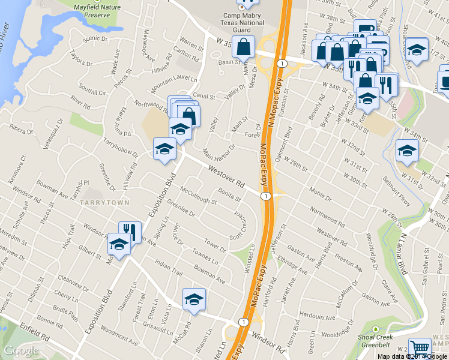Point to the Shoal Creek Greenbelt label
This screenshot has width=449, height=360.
[x=376, y=341]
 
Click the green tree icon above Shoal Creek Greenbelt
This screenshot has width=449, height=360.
[x=376, y=329]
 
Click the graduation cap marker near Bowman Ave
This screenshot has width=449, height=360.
[x=194, y=299]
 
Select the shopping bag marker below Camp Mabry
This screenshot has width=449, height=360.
[x=244, y=47]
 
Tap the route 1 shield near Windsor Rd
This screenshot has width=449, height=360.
[x=243, y=322]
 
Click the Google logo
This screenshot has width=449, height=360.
[x=21, y=350]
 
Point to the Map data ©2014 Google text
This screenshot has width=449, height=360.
[x=412, y=356]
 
